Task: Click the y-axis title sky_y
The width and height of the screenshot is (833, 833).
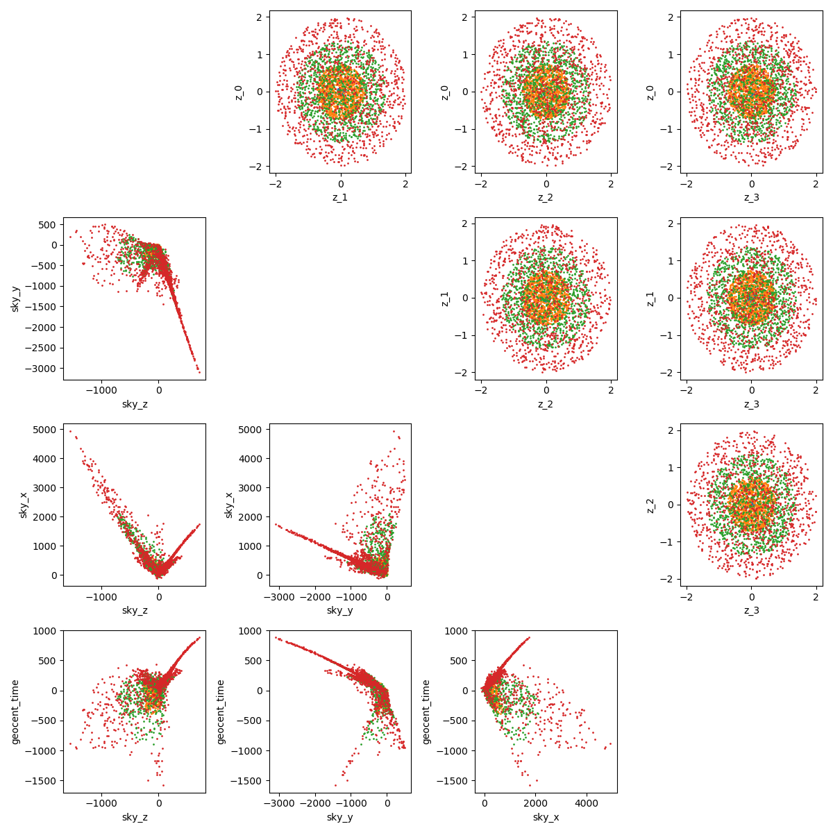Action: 15,298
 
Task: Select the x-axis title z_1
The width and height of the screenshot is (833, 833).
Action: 340,197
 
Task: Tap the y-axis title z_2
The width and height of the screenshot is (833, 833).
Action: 650,505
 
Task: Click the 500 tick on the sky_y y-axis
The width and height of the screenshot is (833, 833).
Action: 49,225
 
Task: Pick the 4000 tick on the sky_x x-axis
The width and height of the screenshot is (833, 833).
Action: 586,803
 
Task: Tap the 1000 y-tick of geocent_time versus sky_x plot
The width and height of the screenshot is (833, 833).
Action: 458,631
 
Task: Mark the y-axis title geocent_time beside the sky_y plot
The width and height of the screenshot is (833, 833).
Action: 221,712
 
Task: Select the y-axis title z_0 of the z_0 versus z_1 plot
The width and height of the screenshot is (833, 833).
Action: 239,92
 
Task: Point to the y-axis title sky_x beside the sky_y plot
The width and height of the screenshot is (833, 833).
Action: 229,505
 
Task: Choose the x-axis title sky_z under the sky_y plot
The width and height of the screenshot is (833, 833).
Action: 134,404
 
